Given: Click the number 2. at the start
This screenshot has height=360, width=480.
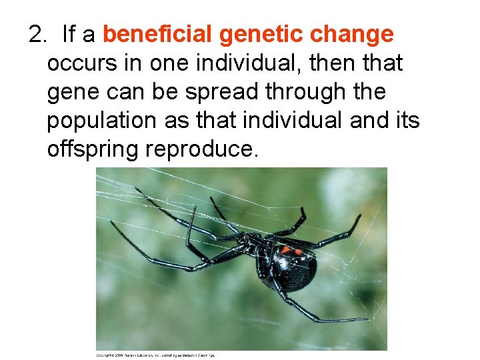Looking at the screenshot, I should click(39, 34).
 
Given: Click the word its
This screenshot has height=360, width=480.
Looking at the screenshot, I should click(405, 121).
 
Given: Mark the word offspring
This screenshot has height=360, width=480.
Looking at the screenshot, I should click(93, 149).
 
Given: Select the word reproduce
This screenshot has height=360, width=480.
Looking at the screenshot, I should click(201, 149).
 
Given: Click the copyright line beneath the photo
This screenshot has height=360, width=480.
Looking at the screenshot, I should click(156, 355).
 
